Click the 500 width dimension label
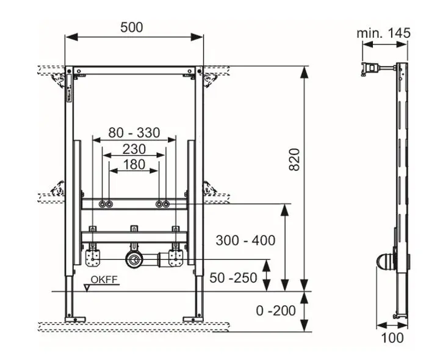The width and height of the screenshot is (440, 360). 132,27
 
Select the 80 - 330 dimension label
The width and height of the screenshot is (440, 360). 134,132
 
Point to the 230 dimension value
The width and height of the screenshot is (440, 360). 134,148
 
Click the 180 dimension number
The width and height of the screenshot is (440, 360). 134,164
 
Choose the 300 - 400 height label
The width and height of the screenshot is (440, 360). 245,240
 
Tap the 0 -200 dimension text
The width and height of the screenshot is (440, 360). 275,311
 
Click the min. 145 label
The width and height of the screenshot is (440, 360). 383,33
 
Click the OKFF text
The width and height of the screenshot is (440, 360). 104,281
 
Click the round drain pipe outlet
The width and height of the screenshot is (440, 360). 132,259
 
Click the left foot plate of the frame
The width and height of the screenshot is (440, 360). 71,318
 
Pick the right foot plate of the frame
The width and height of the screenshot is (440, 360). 197,318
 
